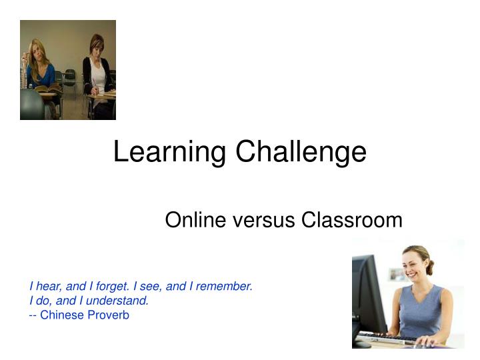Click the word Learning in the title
169,153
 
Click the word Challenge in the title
299,153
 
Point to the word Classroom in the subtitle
351,219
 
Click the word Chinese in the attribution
59,315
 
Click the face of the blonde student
38,51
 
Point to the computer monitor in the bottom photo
368,293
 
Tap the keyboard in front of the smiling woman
389,339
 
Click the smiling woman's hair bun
430,267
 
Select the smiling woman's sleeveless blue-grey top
420,310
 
